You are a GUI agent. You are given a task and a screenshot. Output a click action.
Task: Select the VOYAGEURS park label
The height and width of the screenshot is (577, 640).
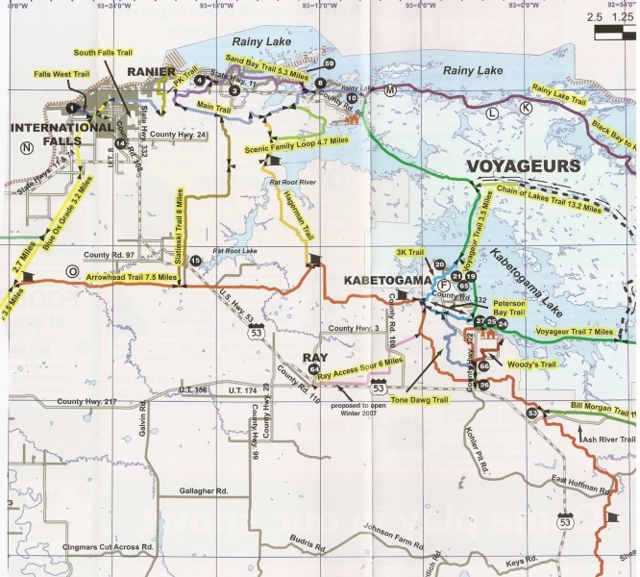pyautogui.click(x=523, y=165)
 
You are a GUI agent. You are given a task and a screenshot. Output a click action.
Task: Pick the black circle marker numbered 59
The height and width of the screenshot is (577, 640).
pyautogui.click(x=330, y=63)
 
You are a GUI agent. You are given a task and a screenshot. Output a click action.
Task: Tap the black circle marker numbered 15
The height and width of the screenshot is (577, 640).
pyautogui.click(x=195, y=261)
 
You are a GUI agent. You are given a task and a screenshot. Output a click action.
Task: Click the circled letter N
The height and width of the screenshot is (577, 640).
pyautogui.click(x=27, y=147)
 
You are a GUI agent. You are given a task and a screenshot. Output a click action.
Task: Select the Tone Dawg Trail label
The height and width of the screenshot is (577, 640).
pyautogui.click(x=422, y=399)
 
